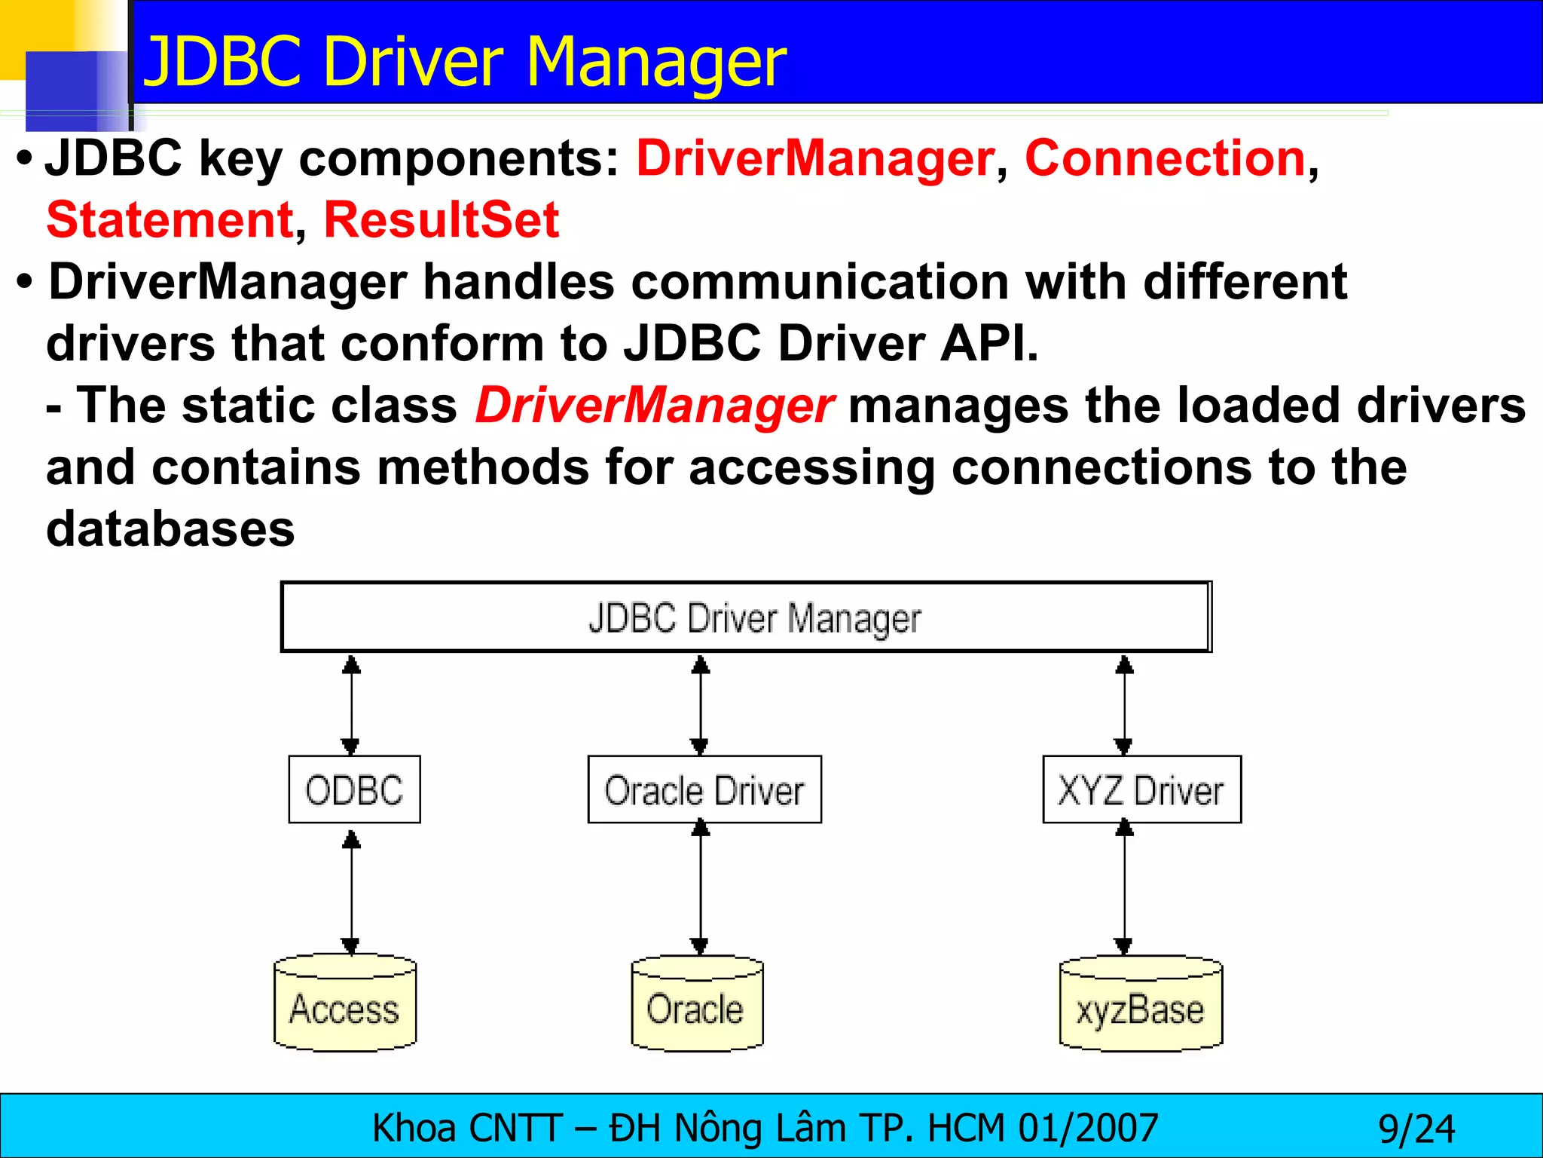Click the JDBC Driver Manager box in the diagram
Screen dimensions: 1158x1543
point(746,617)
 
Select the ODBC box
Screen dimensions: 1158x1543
point(354,789)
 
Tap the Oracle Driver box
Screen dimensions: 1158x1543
point(704,789)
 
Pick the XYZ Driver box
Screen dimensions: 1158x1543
point(1141,789)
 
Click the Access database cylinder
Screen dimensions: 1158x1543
point(345,1004)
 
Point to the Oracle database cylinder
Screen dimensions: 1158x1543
point(697,1004)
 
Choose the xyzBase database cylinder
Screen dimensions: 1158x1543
point(1141,1004)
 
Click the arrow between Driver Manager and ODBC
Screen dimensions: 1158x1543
point(351,704)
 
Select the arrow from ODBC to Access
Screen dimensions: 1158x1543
point(351,893)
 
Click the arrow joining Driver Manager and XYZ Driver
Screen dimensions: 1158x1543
point(1124,704)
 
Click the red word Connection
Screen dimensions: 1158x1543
point(1165,158)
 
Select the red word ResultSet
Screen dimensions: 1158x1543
point(442,220)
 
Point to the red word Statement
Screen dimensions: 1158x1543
point(170,220)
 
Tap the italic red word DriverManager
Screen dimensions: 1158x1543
point(654,406)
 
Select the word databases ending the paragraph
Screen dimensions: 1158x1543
point(170,528)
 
